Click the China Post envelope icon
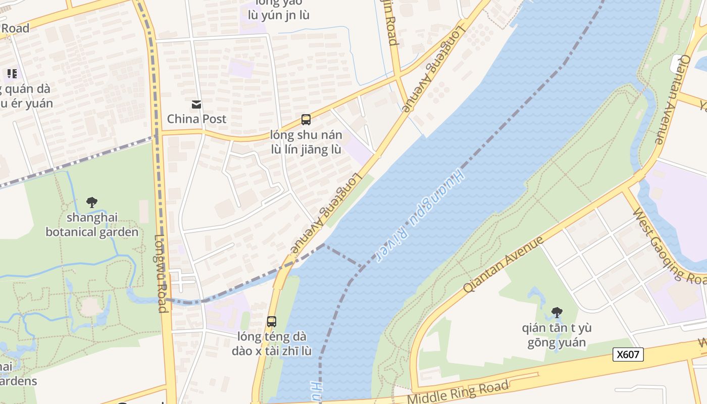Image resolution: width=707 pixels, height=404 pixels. click(x=196, y=105)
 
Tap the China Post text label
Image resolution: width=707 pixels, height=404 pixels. click(x=196, y=119)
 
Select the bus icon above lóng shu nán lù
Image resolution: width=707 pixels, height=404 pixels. click(x=306, y=120)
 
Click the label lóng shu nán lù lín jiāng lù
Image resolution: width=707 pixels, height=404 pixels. click(x=306, y=142)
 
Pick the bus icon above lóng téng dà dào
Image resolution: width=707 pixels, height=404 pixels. click(x=272, y=321)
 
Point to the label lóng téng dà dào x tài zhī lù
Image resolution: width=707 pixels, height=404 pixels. click(x=272, y=343)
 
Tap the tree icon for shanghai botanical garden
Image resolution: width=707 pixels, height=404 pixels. click(x=92, y=203)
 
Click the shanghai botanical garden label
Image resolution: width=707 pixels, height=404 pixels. click(x=92, y=225)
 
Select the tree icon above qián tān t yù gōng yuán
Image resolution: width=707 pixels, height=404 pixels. click(x=557, y=313)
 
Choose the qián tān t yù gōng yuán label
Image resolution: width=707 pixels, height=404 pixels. click(x=557, y=335)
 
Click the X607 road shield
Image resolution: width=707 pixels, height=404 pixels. click(x=628, y=355)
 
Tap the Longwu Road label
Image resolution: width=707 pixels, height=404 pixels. click(x=162, y=273)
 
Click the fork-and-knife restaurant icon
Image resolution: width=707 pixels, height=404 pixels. click(x=12, y=74)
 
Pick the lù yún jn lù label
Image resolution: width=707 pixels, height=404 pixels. click(x=275, y=15)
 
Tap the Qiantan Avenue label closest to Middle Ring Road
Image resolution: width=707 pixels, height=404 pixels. click(x=503, y=264)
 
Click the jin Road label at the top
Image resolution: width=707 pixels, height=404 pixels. click(x=391, y=23)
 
